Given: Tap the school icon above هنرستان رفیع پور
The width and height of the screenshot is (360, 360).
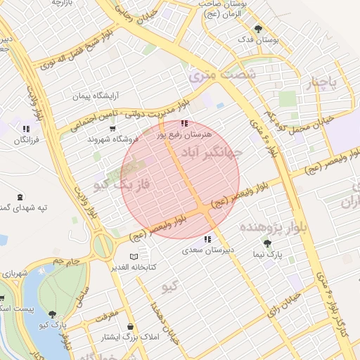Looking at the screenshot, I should click(x=184, y=124).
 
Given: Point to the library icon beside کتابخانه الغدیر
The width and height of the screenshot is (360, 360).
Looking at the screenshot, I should click(x=134, y=257).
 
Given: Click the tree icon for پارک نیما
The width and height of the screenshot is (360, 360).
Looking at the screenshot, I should click(x=266, y=246).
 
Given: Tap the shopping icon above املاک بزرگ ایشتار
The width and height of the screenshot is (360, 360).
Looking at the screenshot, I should click(x=131, y=326).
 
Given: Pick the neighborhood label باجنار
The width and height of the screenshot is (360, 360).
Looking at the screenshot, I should click(x=321, y=84).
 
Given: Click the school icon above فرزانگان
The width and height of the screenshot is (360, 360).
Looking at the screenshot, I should click(x=25, y=129).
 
